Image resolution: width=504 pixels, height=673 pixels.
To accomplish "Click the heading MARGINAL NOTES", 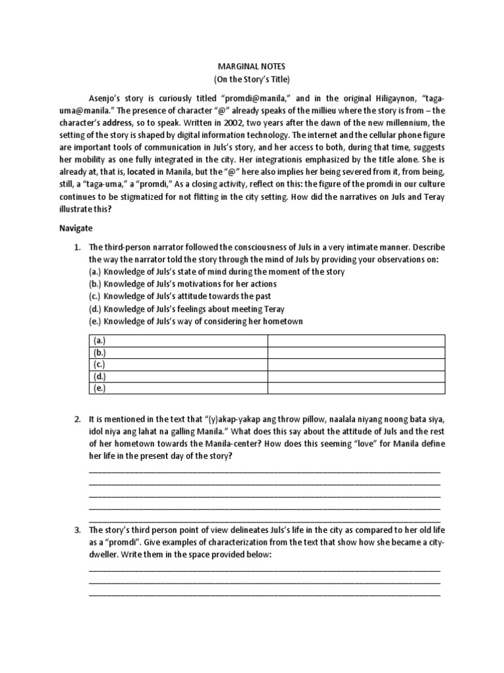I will coord(252,67).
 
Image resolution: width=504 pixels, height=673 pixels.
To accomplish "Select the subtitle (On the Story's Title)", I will coord(252,80).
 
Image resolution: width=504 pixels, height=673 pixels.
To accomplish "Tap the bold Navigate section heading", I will coord(77,228).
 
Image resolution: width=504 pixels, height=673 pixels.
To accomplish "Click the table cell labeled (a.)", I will coord(178,340).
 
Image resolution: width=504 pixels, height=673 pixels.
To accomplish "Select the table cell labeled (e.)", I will coord(178,388).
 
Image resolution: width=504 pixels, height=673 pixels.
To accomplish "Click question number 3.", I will coord(77,530).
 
